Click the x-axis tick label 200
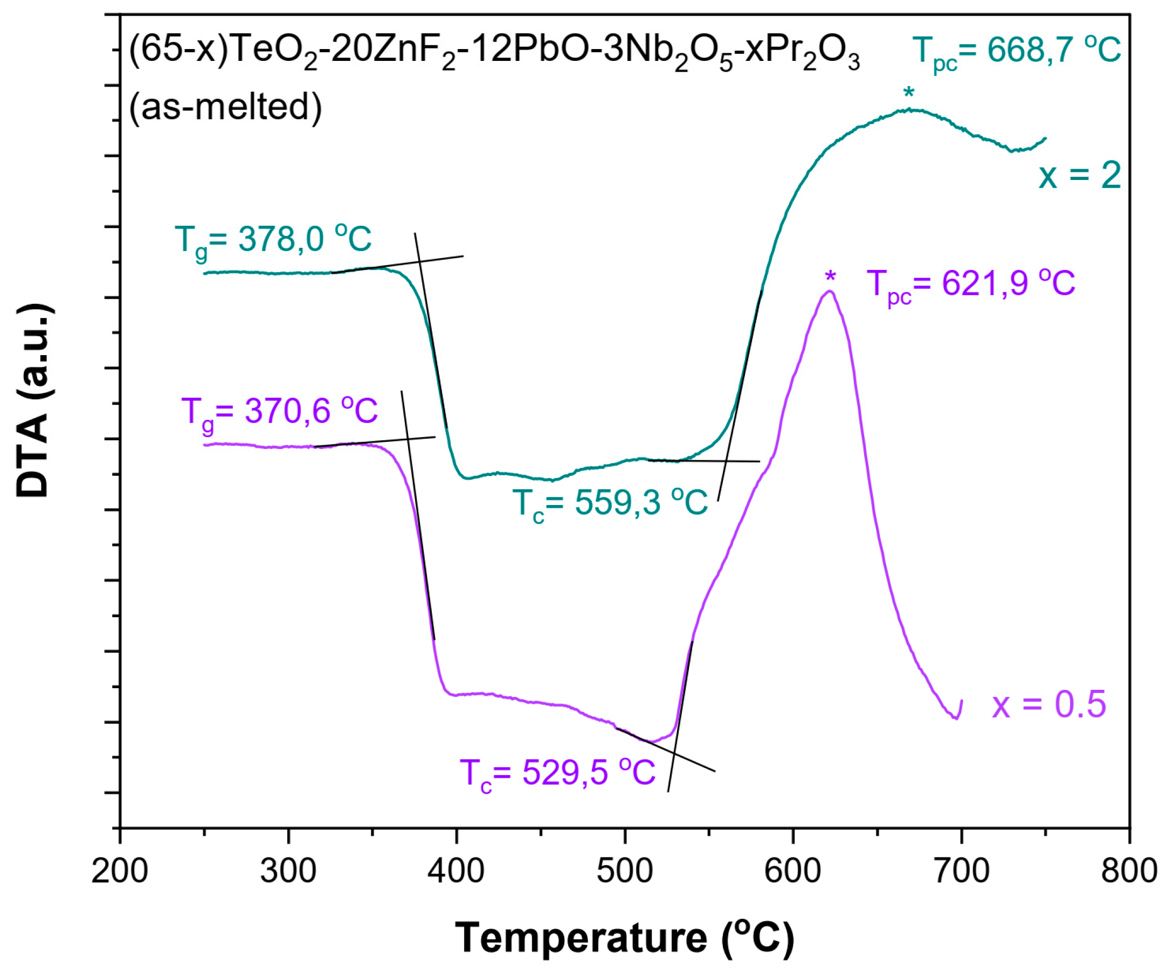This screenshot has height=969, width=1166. pos(119,871)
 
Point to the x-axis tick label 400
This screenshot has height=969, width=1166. pos(457,871)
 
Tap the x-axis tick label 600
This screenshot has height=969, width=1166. pos(792,871)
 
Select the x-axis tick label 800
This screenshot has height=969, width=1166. pos(1129,871)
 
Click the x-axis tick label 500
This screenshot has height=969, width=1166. pos(625,871)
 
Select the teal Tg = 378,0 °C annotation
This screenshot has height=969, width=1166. pos(273,241)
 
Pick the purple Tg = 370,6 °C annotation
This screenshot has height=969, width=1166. pos(279,413)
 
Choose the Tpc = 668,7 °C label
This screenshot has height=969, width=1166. pos(1016,53)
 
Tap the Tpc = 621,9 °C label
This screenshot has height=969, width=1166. pos(970,285)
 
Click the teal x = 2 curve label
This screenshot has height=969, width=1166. pos(1080,176)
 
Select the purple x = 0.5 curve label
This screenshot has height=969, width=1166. pos(1049,705)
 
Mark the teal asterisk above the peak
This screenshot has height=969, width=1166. pos(908,93)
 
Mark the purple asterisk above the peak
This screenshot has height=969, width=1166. pos(830,276)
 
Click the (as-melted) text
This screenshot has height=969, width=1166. pos(225,107)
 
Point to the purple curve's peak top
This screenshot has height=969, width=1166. pos(830,292)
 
